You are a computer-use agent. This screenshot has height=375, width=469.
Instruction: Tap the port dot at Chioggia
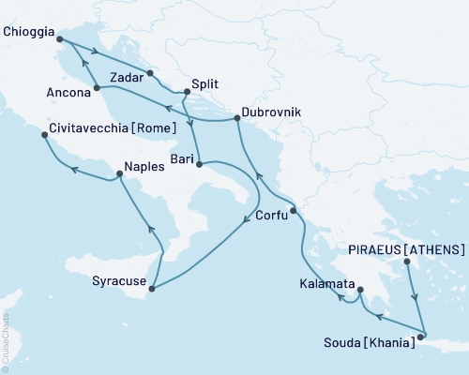(x=59, y=38)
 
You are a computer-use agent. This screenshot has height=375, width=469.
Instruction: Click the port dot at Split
(x=187, y=92)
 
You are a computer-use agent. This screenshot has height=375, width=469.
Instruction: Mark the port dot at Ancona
(x=98, y=88)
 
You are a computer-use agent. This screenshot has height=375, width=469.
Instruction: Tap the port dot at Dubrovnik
(x=236, y=119)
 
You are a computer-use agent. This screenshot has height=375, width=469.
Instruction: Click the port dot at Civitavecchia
(x=45, y=136)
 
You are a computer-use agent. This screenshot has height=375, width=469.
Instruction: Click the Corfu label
(x=272, y=216)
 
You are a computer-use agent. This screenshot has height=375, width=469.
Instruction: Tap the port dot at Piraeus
(x=407, y=262)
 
